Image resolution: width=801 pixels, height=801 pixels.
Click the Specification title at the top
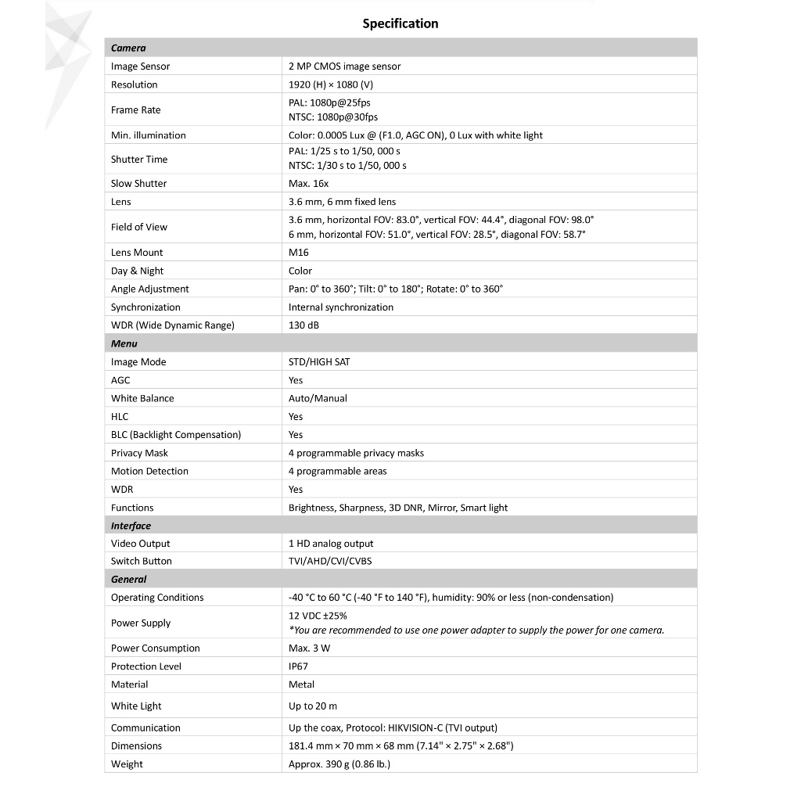click(400, 23)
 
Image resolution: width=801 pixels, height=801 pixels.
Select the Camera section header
click(128, 48)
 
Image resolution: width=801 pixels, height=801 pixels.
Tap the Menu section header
click(124, 343)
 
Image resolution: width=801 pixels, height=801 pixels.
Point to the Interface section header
click(131, 526)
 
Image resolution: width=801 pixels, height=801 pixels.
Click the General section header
click(128, 580)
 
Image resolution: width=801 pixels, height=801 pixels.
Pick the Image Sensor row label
click(140, 66)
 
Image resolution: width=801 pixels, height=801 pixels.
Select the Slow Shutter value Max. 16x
click(308, 183)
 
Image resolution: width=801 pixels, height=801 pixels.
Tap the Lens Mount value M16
click(299, 252)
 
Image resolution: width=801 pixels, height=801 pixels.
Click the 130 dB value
click(304, 325)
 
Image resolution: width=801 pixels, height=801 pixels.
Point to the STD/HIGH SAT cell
click(319, 362)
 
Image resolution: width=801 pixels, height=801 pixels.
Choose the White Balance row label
click(142, 398)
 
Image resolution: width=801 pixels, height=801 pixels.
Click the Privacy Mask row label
click(139, 453)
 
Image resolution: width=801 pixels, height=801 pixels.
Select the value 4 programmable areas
click(337, 471)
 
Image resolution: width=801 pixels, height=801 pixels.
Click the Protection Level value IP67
click(298, 666)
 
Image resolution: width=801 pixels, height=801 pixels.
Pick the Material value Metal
click(301, 684)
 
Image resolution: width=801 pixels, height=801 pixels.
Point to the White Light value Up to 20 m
click(313, 706)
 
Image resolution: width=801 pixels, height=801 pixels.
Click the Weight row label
click(127, 764)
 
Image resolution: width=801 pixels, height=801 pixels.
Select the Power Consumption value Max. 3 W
click(309, 648)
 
